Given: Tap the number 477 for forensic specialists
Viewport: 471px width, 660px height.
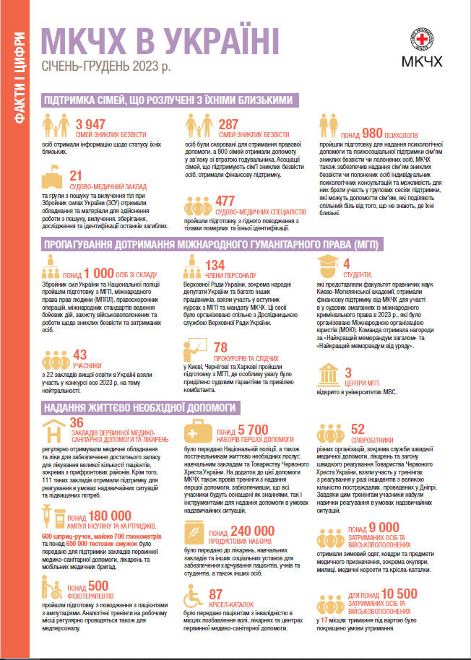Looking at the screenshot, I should (x=225, y=200).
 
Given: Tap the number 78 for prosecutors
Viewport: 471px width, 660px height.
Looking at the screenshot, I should (x=221, y=347).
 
